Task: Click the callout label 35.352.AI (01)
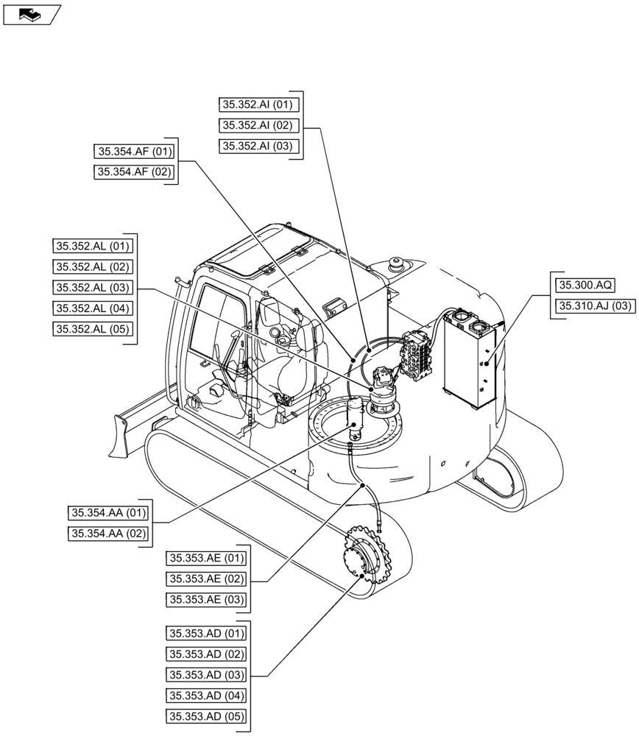coord(258,104)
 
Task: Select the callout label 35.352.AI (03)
coord(258,146)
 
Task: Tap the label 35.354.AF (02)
coord(133,172)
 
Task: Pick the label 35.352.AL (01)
coord(92,246)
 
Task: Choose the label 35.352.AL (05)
coord(92,329)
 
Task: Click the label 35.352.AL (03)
coord(92,288)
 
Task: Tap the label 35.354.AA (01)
coord(108,513)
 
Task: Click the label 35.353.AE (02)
coord(206,578)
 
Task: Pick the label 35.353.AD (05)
coord(206,716)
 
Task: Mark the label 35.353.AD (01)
coord(206,633)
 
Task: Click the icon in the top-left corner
coord(31,13)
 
